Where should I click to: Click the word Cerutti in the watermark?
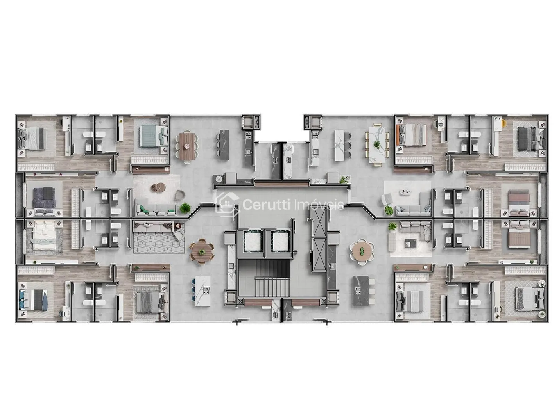pyautogui.click(x=266, y=205)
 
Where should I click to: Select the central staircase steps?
pyautogui.click(x=272, y=286)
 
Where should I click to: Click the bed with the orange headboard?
pyautogui.click(x=411, y=135)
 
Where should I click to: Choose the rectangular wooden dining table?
pyautogui.click(x=187, y=146)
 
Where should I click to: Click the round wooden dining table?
pyautogui.click(x=201, y=251)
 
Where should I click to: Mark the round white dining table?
pyautogui.click(x=362, y=251)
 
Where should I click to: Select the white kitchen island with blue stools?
pyautogui.click(x=202, y=291)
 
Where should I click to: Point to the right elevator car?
pyautogui.click(x=280, y=241)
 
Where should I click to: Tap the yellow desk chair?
pyautogui.click(x=503, y=123)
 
